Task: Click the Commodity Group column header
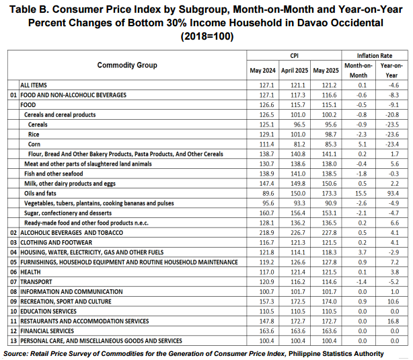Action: (127, 65)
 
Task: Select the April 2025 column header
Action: (295, 71)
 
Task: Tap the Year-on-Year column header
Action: (391, 71)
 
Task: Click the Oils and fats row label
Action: (40, 193)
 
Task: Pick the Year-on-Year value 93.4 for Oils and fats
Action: (393, 193)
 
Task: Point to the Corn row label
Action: (34, 144)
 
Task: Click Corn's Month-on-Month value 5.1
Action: (362, 144)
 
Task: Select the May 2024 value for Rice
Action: (266, 135)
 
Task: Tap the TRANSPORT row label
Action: (36, 282)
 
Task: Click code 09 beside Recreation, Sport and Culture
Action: (13, 301)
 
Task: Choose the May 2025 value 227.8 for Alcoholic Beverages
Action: (329, 233)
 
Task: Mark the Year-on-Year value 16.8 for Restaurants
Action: (393, 321)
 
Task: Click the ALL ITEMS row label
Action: (34, 85)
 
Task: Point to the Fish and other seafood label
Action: (53, 174)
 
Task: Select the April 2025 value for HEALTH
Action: (298, 272)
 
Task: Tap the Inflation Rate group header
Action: (375, 56)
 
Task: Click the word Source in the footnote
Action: (15, 354)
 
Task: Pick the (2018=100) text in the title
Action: (207, 36)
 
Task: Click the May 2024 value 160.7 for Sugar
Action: (266, 213)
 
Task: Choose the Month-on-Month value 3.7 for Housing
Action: (362, 252)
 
